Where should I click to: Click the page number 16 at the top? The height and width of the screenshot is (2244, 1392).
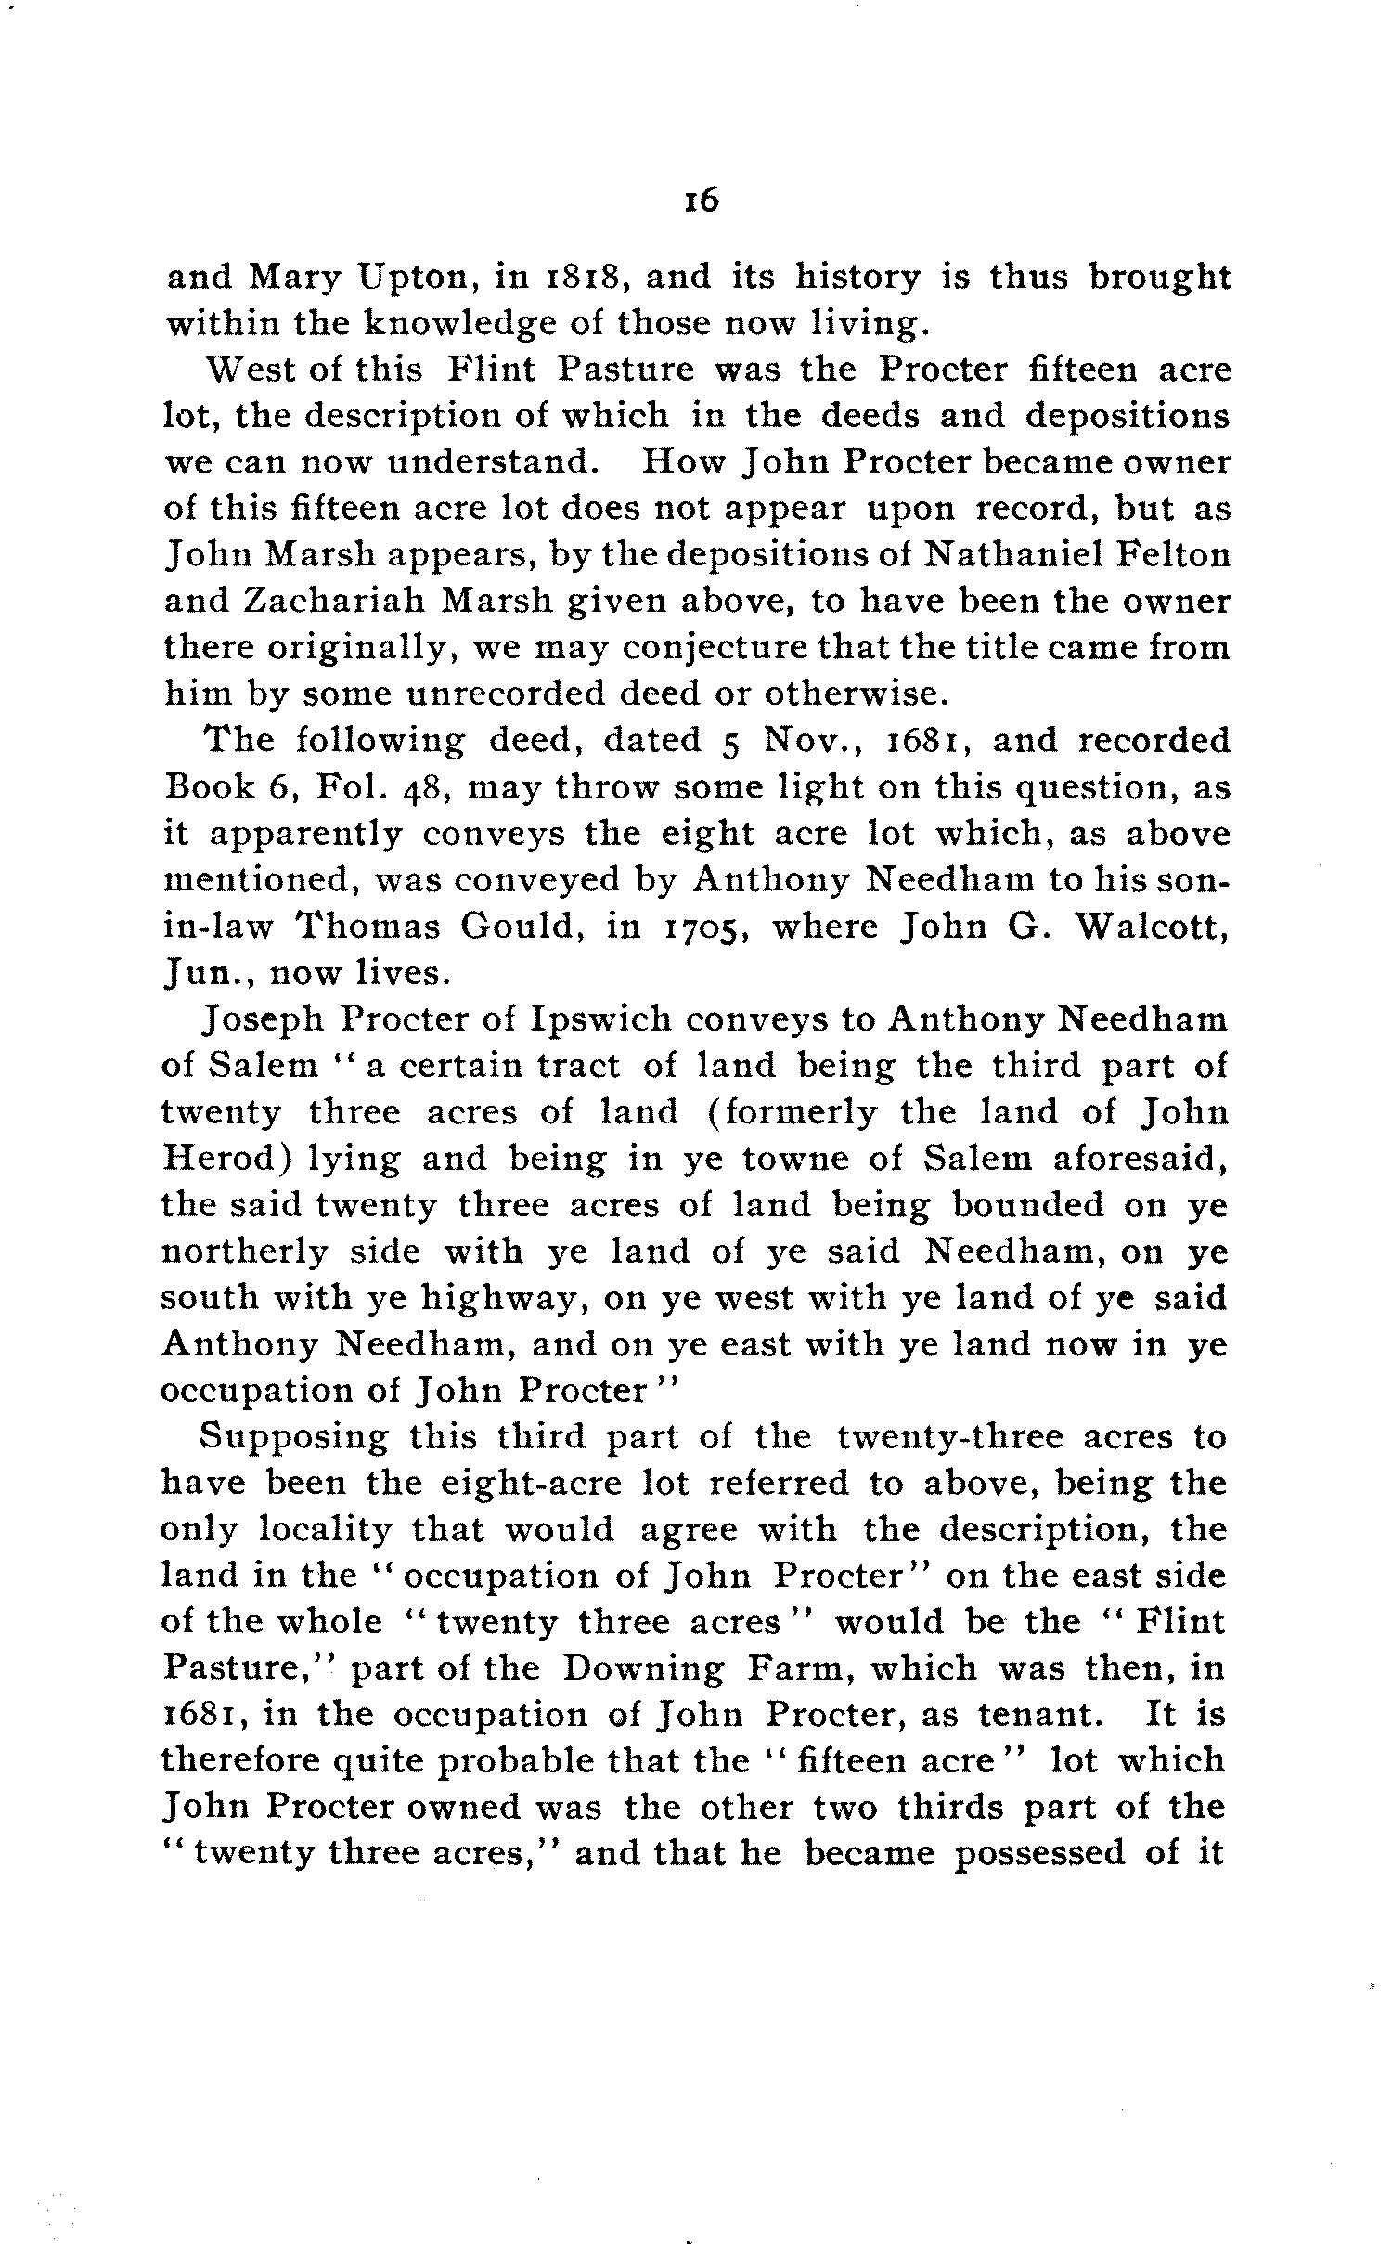(702, 201)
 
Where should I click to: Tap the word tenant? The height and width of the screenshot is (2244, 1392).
(1050, 1715)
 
